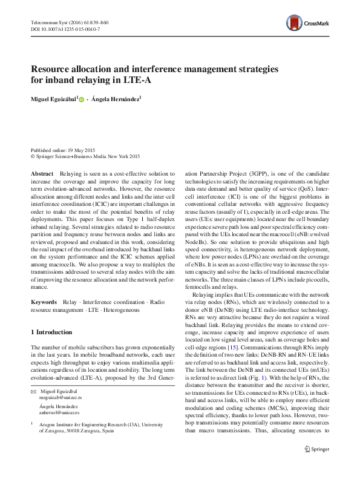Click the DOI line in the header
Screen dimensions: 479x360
click(x=65, y=28)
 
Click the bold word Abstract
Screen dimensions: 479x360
click(x=41, y=173)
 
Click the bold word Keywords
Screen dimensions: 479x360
click(x=44, y=300)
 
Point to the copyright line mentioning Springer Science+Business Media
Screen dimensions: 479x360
click(x=85, y=156)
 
